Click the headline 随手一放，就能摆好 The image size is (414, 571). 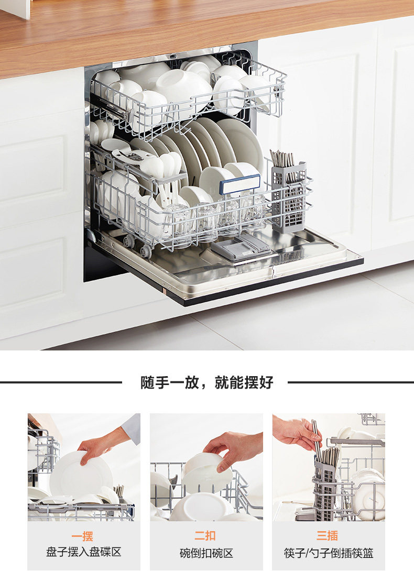click(x=206, y=382)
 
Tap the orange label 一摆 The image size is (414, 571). click(x=82, y=536)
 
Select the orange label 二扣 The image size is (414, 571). click(x=205, y=536)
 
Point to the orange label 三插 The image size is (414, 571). click(x=327, y=535)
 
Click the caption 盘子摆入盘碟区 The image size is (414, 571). click(x=83, y=552)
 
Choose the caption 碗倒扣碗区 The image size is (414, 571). click(x=206, y=553)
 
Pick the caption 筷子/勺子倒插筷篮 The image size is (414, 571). click(x=329, y=553)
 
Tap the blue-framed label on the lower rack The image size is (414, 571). click(x=240, y=184)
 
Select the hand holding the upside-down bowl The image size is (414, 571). click(x=233, y=448)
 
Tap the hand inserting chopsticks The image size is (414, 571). click(x=297, y=433)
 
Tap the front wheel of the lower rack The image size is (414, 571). click(x=146, y=251)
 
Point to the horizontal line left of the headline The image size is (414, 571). click(x=61, y=382)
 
